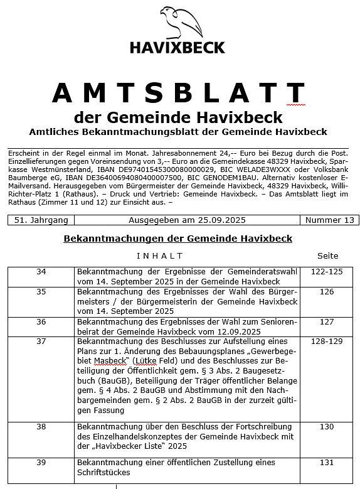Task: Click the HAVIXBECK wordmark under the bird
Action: point(177,47)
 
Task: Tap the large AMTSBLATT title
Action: point(178,93)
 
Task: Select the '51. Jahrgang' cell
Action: point(41,220)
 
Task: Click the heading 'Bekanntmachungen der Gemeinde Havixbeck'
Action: point(177,239)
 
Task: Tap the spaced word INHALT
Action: point(159,255)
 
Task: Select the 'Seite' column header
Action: point(327,255)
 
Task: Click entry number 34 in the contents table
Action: point(41,272)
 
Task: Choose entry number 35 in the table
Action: point(41,292)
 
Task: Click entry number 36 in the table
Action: point(41,322)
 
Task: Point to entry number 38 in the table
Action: point(41,426)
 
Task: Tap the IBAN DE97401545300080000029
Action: point(165,169)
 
